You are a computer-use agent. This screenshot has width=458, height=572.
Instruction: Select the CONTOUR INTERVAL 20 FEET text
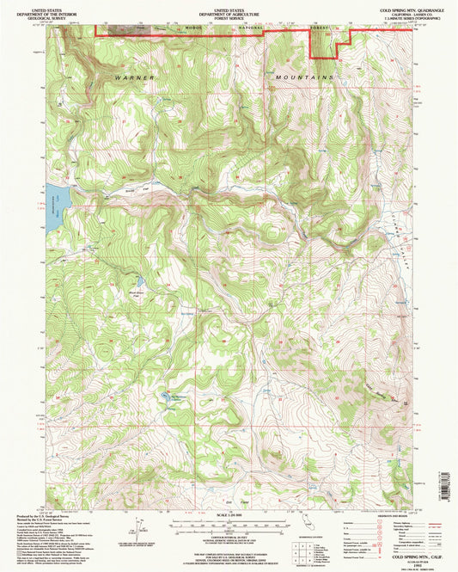(x=228, y=535)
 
